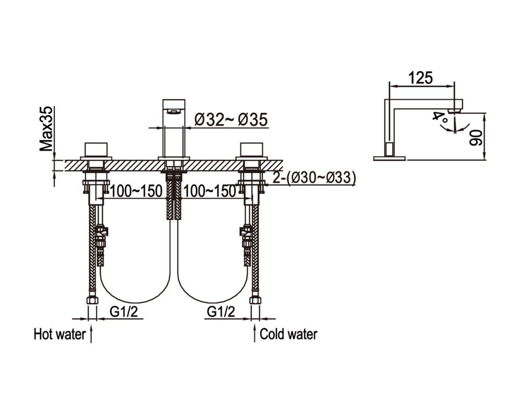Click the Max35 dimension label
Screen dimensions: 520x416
pos(46,129)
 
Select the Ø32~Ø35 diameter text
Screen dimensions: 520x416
pos(231,120)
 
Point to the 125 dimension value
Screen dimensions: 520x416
pos(421,78)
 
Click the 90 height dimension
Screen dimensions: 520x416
pos(476,137)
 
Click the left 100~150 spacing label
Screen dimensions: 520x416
pos(136,191)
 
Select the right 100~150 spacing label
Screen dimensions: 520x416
pos(210,191)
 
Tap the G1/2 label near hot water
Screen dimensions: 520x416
pos(124,311)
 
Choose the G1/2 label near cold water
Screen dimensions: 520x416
pos(221,311)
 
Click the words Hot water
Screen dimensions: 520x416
pos(60,334)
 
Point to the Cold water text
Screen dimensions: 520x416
pos(289,334)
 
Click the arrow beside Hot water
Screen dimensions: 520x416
pos(91,334)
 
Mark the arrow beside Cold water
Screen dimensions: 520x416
pos(254,333)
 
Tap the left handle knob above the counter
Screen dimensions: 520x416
pos(96,150)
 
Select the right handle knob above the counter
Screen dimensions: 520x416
pos(251,150)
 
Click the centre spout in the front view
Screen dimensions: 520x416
pos(174,128)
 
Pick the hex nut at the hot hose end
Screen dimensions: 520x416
pos(92,300)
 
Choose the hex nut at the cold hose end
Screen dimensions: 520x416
pos(255,300)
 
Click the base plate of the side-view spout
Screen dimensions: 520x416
pos(389,159)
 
